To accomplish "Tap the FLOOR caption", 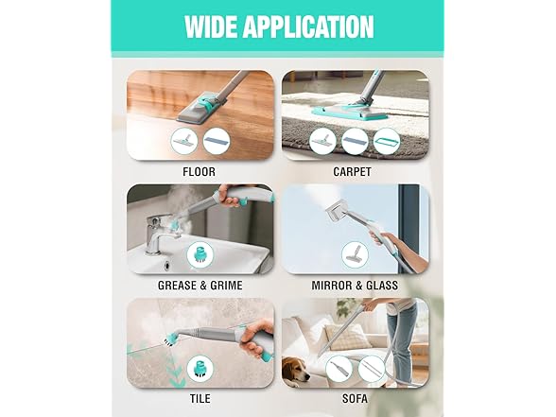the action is click(199, 172).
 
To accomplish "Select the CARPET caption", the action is click(352, 172).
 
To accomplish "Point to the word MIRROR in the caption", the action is click(333, 286).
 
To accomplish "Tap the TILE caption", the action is click(200, 399).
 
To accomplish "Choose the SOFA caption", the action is click(355, 399).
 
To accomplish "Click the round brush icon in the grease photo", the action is click(200, 254).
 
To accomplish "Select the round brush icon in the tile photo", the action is click(200, 369).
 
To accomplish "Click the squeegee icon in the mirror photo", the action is click(355, 254).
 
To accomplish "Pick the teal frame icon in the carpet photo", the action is click(387, 142).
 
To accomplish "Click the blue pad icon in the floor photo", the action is click(217, 142).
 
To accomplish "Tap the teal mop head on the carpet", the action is click(349, 111).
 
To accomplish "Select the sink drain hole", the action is click(165, 264).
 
